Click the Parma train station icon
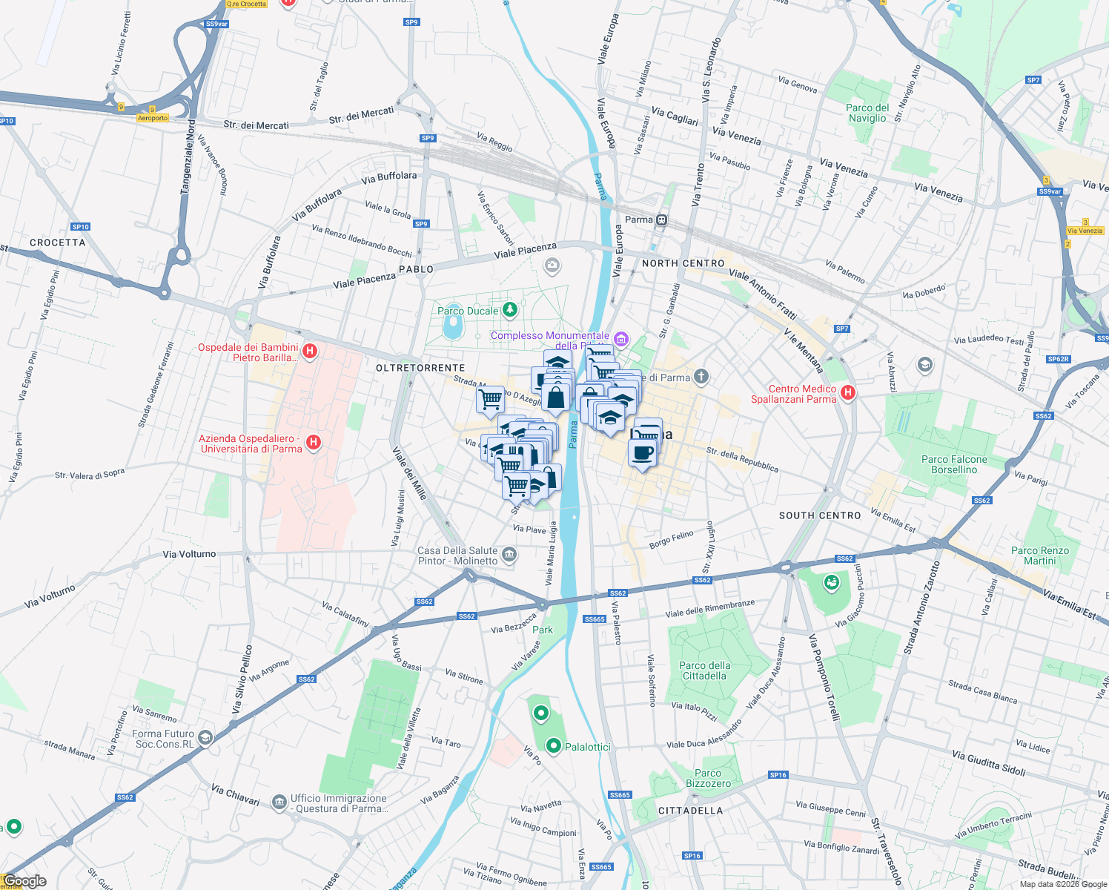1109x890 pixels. [x=661, y=220]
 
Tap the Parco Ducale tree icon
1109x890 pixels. [x=509, y=309]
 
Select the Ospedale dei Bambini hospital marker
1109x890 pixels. [x=310, y=351]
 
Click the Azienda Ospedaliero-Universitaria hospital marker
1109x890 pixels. [x=314, y=443]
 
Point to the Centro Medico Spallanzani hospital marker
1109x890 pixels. [x=848, y=392]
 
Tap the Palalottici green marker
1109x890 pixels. [x=553, y=745]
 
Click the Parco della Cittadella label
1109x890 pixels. [x=704, y=670]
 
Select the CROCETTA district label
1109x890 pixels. [x=58, y=243]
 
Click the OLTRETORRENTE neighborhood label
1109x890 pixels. [x=420, y=368]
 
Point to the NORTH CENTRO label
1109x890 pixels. [x=683, y=263]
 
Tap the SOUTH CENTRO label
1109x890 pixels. [x=820, y=515]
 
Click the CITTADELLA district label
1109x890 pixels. [x=690, y=811]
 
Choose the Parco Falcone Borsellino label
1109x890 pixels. [x=954, y=464]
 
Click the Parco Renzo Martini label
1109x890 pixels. [x=1040, y=556]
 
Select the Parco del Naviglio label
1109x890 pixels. [x=867, y=113]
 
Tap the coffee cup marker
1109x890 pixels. [x=643, y=452]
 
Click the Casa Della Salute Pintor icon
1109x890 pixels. [x=509, y=554]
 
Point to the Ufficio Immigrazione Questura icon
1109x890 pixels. [x=279, y=802]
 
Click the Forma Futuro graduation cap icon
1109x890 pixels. [x=205, y=737]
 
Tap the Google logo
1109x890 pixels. [x=24, y=881]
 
